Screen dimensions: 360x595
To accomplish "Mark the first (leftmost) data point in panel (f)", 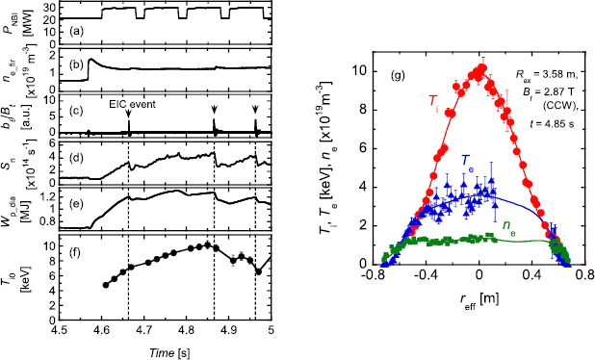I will (106, 284).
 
